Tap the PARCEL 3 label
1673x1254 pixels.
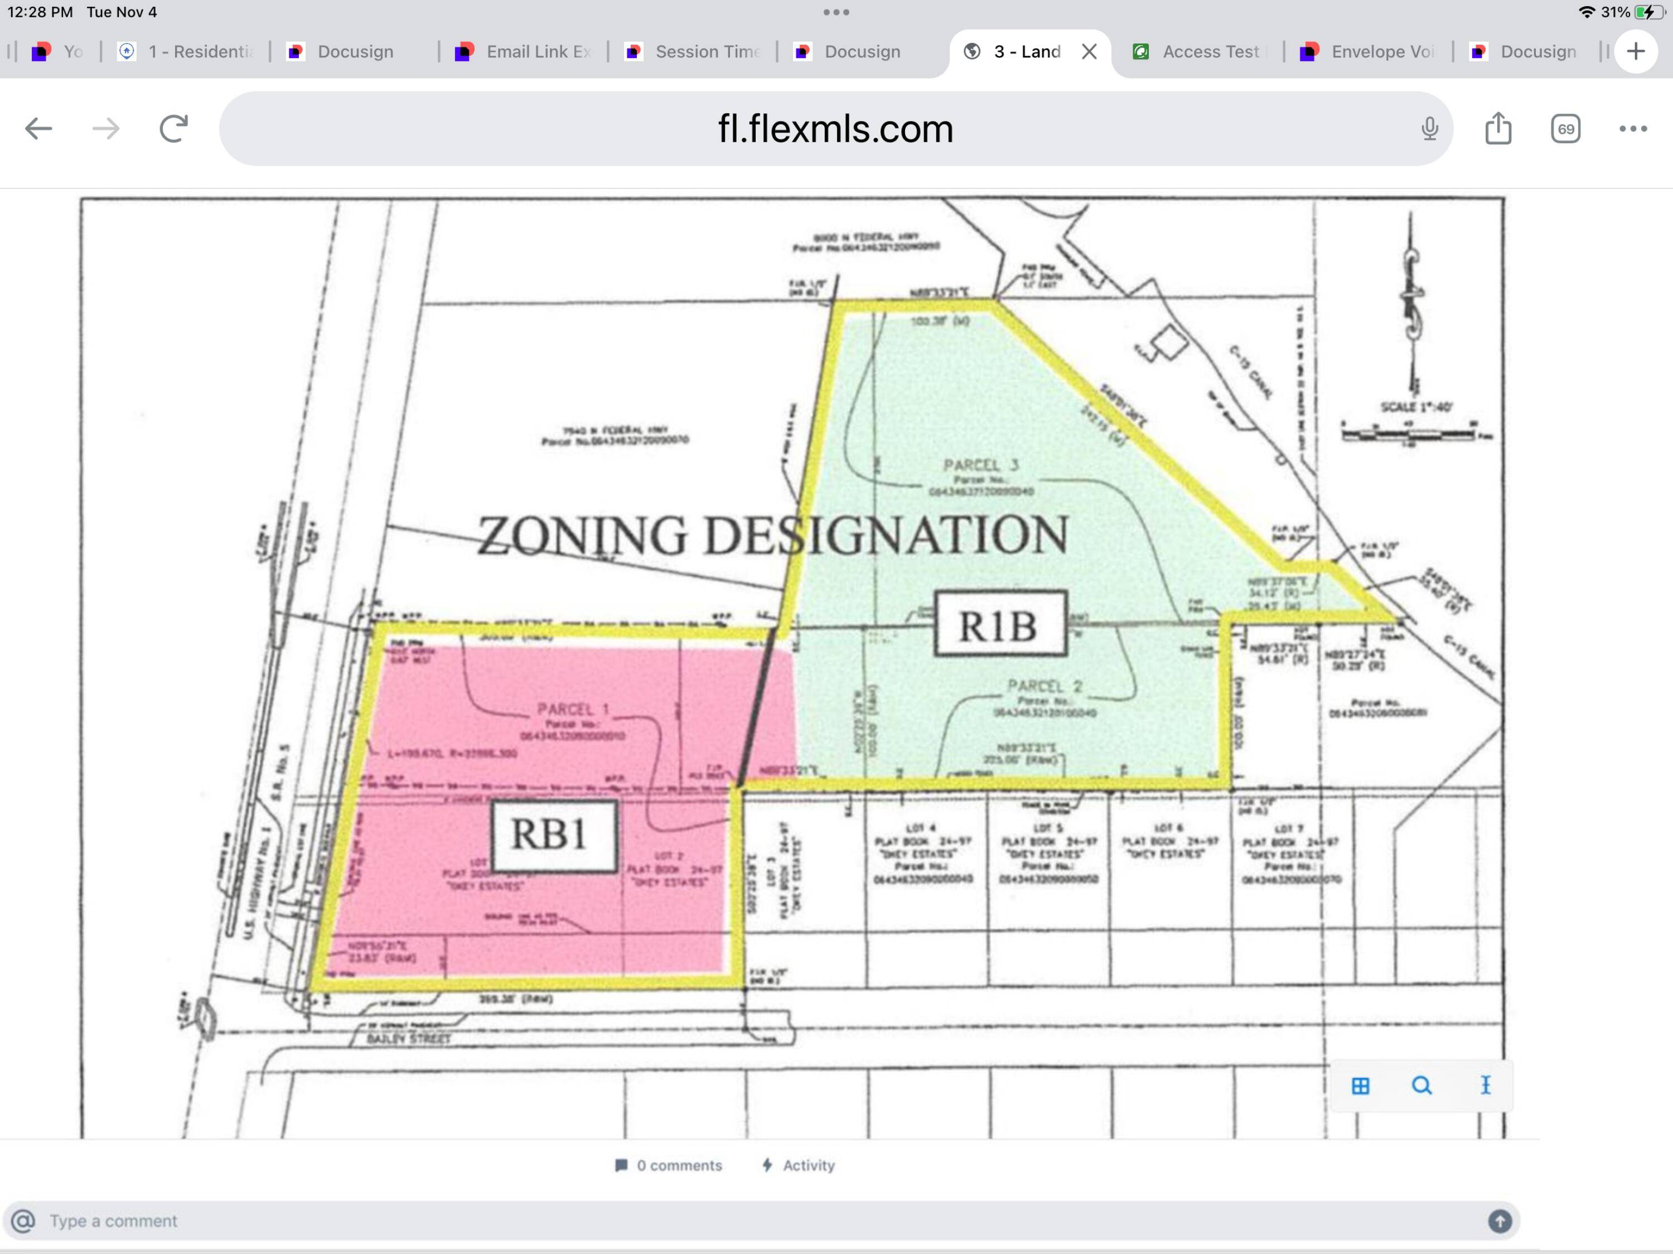coord(981,465)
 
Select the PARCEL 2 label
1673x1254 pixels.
coord(1045,686)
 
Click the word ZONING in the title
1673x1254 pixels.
coord(581,536)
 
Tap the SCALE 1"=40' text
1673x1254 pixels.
coord(1416,407)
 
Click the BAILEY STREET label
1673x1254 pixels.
coord(408,1039)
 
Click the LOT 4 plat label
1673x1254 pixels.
coord(921,828)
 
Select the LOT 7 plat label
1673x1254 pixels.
coord(1289,828)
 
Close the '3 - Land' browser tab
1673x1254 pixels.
coord(1089,51)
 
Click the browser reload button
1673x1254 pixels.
coord(173,128)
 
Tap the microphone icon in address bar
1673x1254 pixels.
coord(1429,128)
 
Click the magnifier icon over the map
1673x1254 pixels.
coord(1421,1086)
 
